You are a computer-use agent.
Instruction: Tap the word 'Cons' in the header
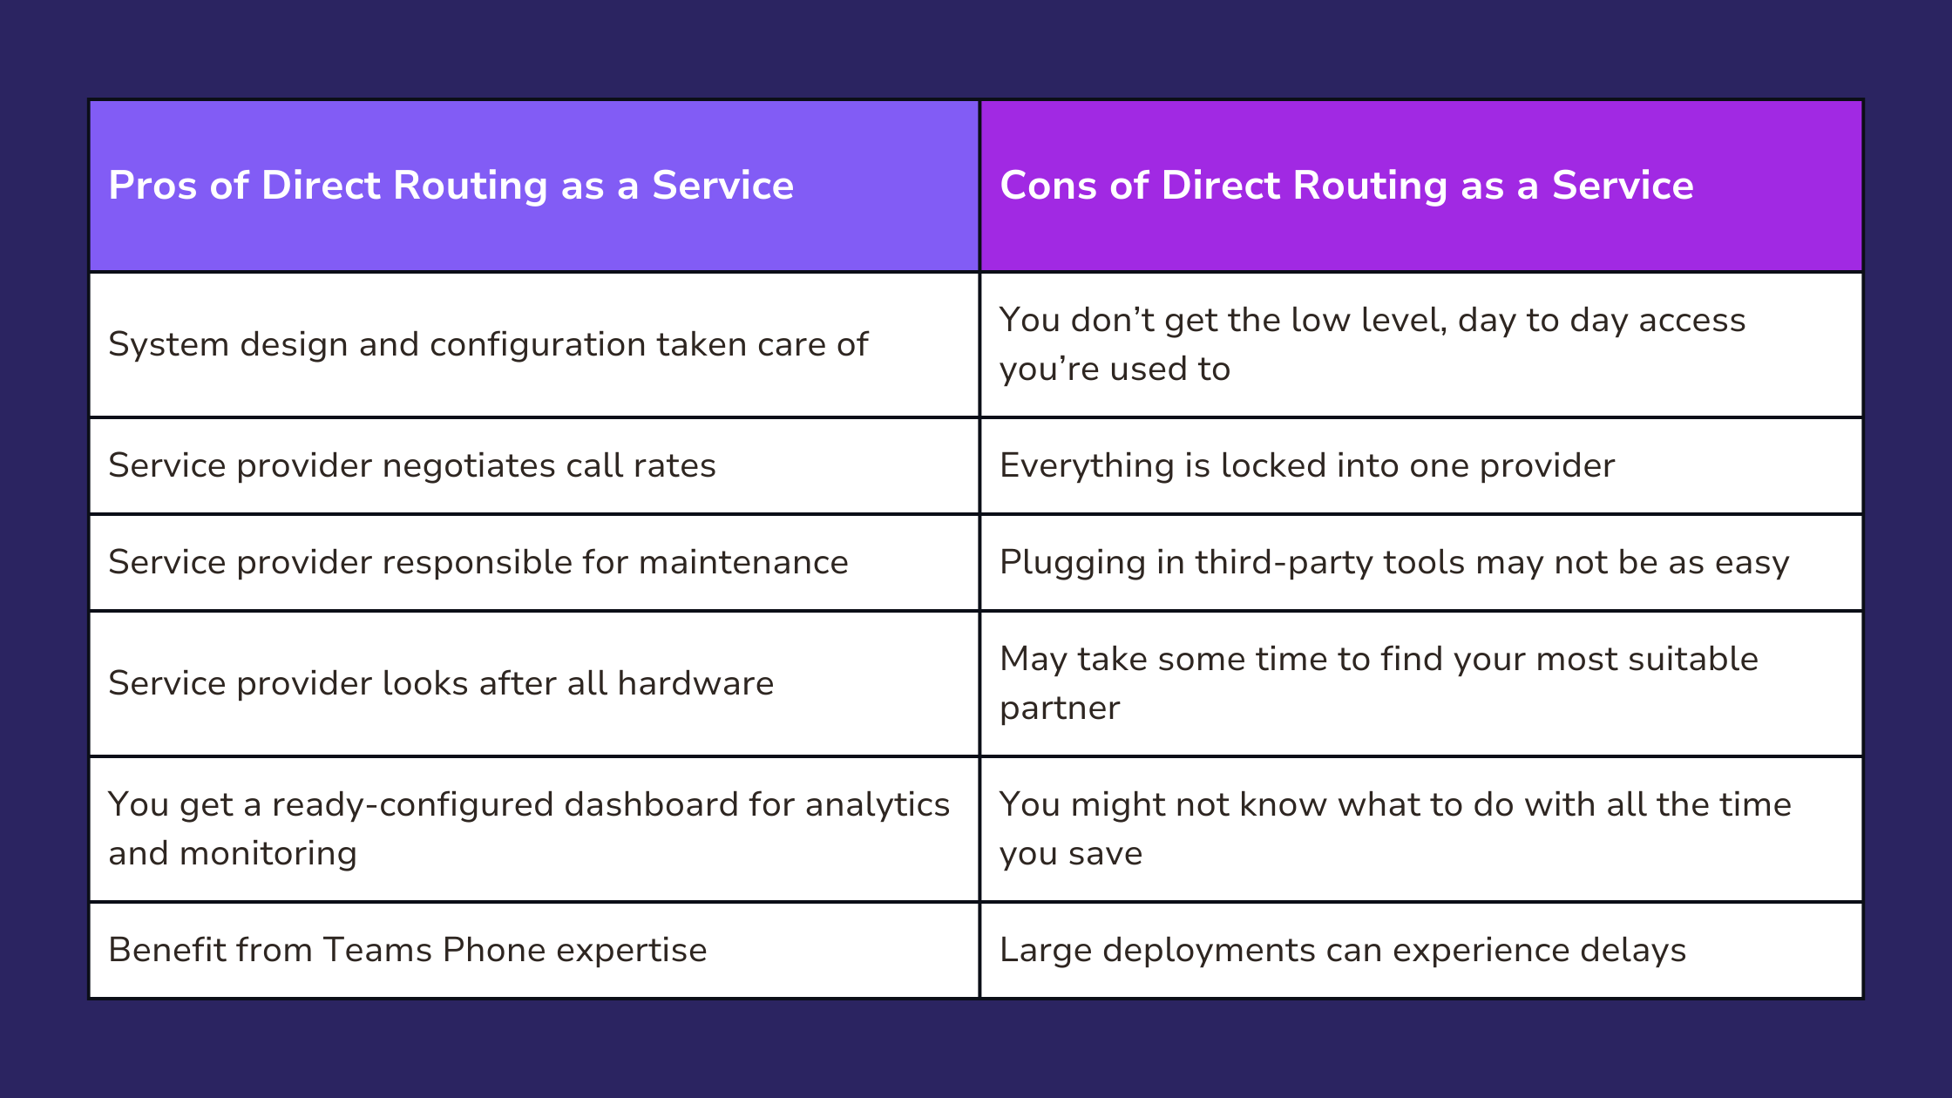point(1048,186)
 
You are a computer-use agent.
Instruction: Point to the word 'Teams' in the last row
point(377,950)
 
